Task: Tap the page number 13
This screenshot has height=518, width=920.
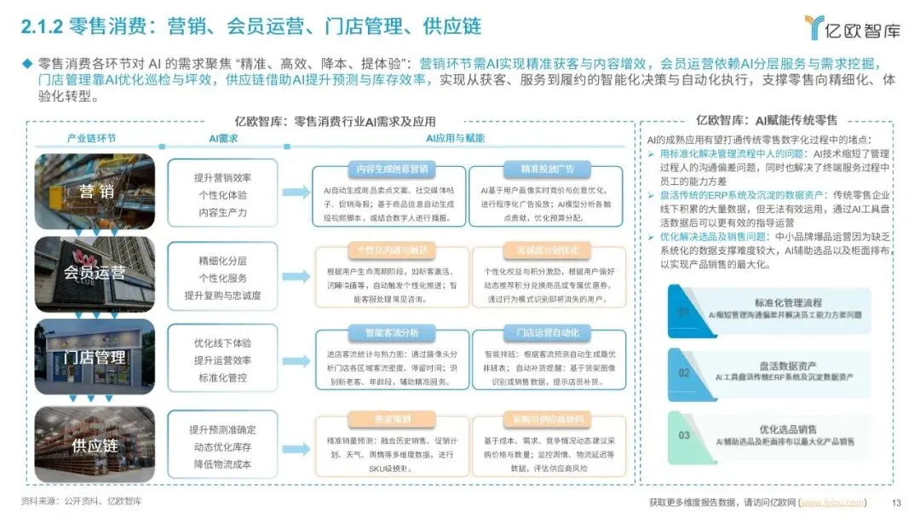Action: tap(895, 502)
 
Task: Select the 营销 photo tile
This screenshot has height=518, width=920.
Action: tap(95, 190)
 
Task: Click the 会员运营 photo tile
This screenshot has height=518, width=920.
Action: tap(95, 273)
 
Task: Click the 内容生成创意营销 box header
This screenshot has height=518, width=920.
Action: tap(388, 168)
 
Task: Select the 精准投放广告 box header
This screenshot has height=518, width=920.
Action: tap(547, 168)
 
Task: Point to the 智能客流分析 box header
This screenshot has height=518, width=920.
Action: tap(388, 331)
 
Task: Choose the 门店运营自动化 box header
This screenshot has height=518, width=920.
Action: tap(547, 331)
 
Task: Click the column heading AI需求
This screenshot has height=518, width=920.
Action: tap(223, 138)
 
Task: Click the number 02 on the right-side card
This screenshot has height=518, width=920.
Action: tap(684, 373)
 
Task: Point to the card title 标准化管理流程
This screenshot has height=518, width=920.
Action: tap(788, 302)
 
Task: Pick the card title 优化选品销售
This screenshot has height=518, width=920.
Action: tap(788, 429)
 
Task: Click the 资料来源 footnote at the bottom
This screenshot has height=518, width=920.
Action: tap(82, 501)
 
